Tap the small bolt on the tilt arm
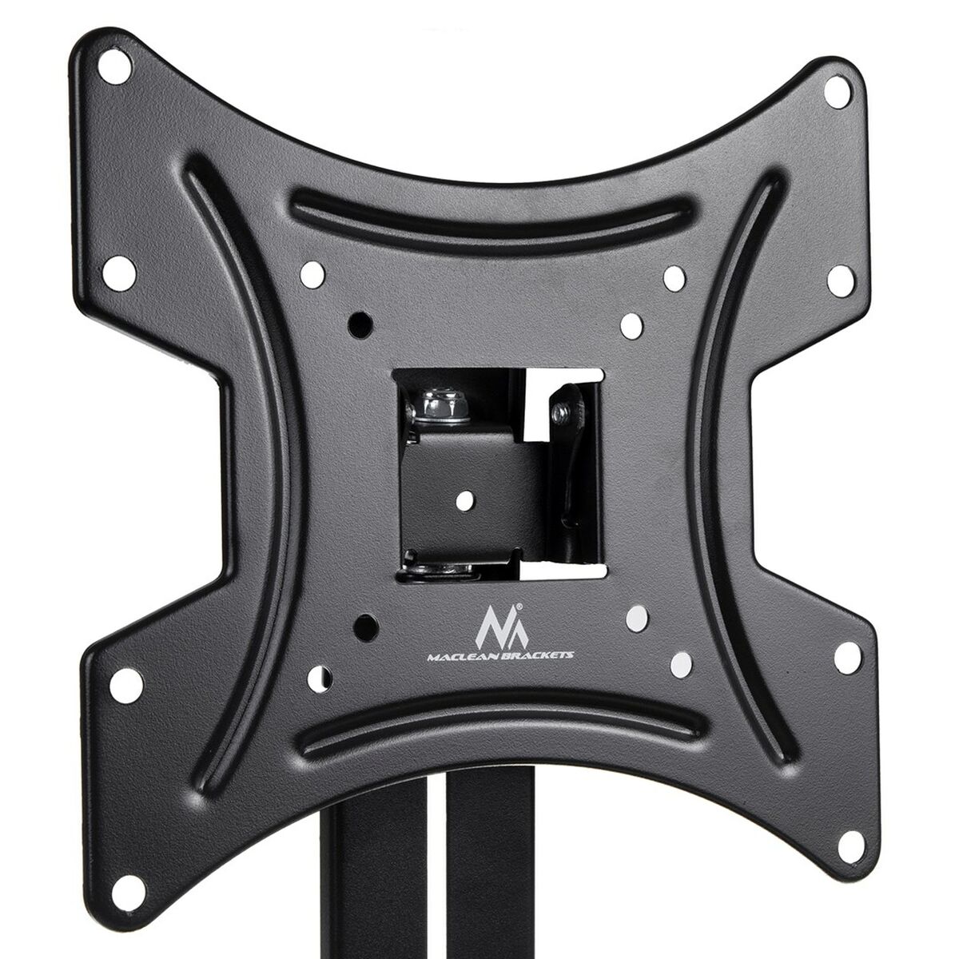562,410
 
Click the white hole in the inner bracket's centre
463,499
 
